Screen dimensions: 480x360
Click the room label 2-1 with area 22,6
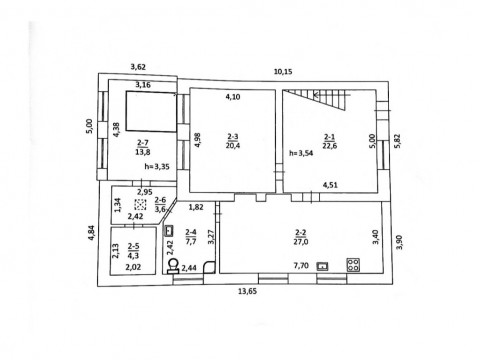click(x=329, y=141)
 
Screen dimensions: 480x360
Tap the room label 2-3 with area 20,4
click(x=233, y=141)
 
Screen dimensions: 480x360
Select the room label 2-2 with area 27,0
click(x=301, y=237)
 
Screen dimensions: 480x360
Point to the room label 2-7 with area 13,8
click(x=143, y=147)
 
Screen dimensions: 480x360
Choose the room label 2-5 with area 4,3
click(x=133, y=251)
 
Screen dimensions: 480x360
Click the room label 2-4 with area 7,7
click(x=191, y=237)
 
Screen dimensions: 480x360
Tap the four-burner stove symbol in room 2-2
click(x=353, y=265)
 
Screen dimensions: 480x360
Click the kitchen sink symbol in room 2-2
click(x=323, y=266)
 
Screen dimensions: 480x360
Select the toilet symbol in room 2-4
click(x=173, y=266)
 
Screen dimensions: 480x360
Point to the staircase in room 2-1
click(x=316, y=99)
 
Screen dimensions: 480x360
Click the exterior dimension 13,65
click(x=247, y=291)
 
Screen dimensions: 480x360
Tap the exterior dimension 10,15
click(x=283, y=71)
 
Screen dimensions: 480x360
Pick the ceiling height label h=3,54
click(x=301, y=153)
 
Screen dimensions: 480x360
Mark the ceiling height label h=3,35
click(x=157, y=167)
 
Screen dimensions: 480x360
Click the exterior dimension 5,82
click(x=397, y=141)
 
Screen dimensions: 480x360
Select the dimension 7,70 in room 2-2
click(x=301, y=266)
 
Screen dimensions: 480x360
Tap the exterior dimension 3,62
click(x=138, y=67)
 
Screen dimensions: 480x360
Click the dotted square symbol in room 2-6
click(x=140, y=204)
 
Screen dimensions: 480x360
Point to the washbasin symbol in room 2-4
click(x=169, y=230)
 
